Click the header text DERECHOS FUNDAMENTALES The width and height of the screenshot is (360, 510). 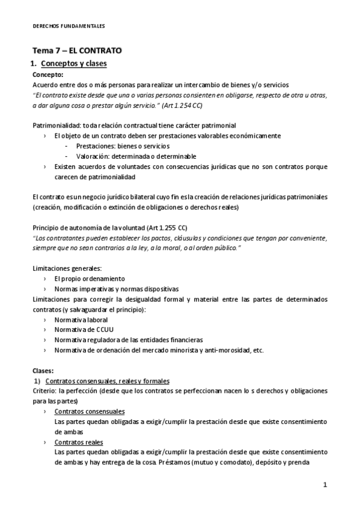click(69, 26)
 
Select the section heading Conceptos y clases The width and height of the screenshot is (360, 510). click(73, 64)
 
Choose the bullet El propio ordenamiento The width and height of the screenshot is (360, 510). click(89, 279)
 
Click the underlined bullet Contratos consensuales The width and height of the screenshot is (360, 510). click(90, 411)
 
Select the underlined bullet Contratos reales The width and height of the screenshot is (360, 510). click(78, 442)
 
